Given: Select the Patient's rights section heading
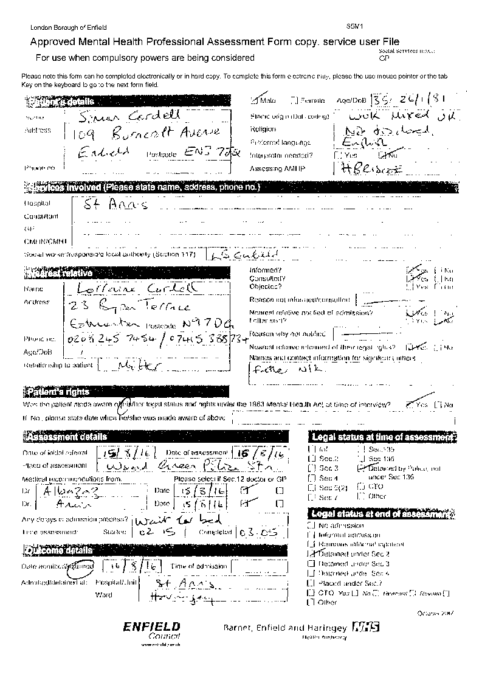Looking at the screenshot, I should pyautogui.click(x=58, y=391).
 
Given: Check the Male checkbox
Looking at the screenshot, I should pyautogui.click(x=255, y=100).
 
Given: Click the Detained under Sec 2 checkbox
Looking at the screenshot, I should pyautogui.click(x=312, y=554).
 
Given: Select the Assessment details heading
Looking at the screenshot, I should pyautogui.click(x=66, y=437).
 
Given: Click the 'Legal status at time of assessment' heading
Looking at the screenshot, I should pyautogui.click(x=382, y=437).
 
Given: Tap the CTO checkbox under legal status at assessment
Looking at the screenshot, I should pyautogui.click(x=361, y=486).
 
